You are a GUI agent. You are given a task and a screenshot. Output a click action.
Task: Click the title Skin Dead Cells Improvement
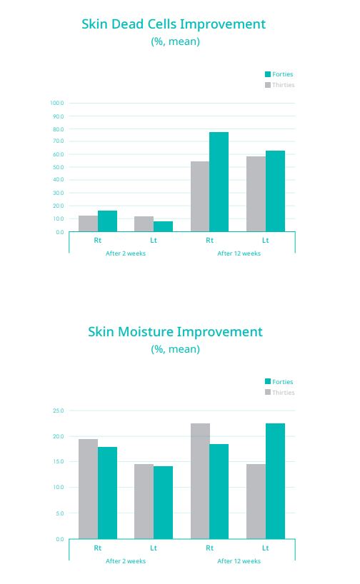tap(174, 24)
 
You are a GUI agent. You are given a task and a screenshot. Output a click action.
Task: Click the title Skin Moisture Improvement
tap(175, 332)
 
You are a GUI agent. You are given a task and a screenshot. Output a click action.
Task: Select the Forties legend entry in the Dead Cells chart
tap(279, 74)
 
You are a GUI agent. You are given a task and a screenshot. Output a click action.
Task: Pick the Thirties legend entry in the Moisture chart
tap(279, 392)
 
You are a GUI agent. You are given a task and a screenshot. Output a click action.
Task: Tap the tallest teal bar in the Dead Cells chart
tap(219, 182)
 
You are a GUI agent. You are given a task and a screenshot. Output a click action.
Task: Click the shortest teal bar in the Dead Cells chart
tap(163, 226)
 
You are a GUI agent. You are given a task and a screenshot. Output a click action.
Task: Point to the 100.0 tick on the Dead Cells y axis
tap(57, 103)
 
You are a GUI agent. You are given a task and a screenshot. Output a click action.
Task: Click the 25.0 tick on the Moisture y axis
tap(58, 411)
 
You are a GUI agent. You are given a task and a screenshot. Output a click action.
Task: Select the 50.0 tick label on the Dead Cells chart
tap(58, 167)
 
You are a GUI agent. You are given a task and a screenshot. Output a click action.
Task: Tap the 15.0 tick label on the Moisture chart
tap(58, 461)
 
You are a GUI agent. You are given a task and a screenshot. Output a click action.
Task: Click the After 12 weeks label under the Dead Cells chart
tap(239, 253)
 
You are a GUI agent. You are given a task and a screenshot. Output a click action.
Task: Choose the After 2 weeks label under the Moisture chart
tap(126, 561)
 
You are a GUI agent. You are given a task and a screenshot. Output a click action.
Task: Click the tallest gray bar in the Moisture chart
tap(200, 481)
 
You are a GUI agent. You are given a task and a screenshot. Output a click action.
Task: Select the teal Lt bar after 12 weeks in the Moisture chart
tap(275, 481)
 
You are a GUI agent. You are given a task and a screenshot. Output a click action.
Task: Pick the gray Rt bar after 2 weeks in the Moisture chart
tap(89, 489)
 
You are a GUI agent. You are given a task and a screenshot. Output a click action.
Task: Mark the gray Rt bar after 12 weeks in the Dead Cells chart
tap(200, 196)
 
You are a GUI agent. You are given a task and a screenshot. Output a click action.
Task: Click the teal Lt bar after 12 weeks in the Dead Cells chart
tap(275, 191)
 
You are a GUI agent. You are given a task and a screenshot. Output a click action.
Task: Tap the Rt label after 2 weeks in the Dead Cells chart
tap(98, 240)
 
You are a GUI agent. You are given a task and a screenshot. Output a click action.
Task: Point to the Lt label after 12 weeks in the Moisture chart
tap(265, 548)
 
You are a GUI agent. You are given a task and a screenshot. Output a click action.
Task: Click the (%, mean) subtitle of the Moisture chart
tap(175, 349)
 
